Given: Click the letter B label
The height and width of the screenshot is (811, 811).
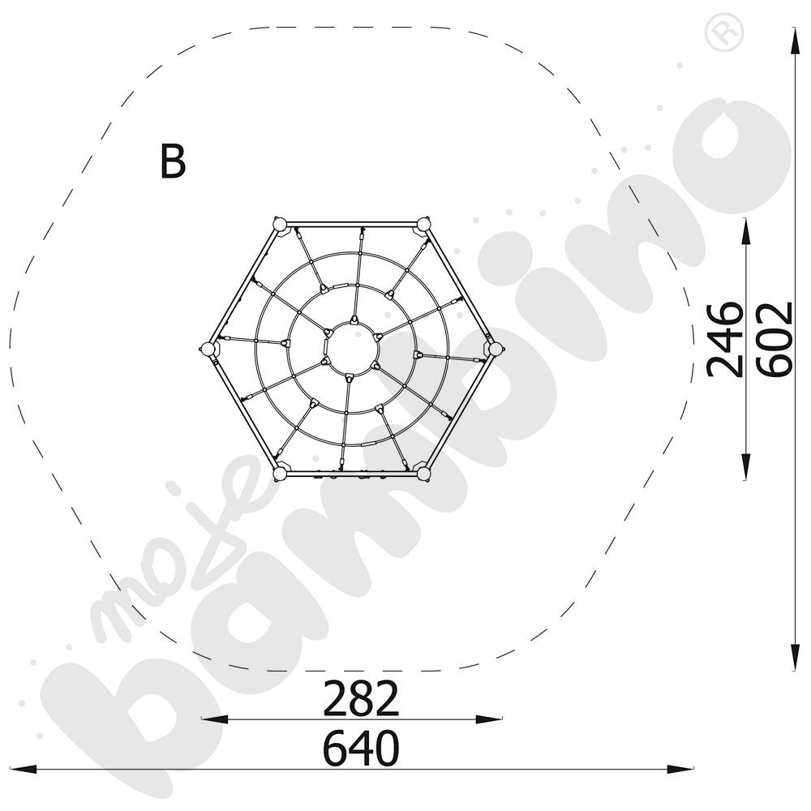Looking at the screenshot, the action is (x=173, y=161).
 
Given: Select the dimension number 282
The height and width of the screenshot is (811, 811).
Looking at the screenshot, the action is (x=361, y=698).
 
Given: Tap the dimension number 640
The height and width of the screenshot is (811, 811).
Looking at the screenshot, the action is (x=361, y=748).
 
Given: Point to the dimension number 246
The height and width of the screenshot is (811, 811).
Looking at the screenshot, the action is (x=725, y=339).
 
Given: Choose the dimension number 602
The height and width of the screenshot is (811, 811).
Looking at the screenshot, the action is (x=775, y=339).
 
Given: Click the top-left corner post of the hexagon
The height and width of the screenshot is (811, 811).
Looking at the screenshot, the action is (x=279, y=225).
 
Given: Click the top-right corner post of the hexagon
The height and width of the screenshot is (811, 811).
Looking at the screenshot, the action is (x=423, y=225).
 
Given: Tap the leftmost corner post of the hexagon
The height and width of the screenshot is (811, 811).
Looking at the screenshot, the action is (x=208, y=349).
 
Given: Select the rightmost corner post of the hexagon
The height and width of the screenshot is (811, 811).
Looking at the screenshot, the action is (x=495, y=349).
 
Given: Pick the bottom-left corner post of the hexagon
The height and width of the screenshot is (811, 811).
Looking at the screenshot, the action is (x=279, y=474).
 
